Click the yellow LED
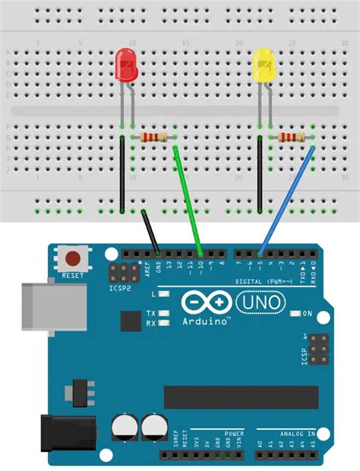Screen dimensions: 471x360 pos(264,64)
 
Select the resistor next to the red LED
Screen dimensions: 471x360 pos(154,137)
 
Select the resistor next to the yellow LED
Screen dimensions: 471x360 pos(292,137)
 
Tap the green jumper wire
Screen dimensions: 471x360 pos(188,198)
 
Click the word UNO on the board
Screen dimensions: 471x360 pos(262,303)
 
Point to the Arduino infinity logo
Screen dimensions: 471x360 pos(205,302)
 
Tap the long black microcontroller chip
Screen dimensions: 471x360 pos(241,397)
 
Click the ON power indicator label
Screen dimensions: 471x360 pos(308,313)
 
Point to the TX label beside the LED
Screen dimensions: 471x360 pos(151,313)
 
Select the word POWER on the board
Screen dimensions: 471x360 pos(233,434)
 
